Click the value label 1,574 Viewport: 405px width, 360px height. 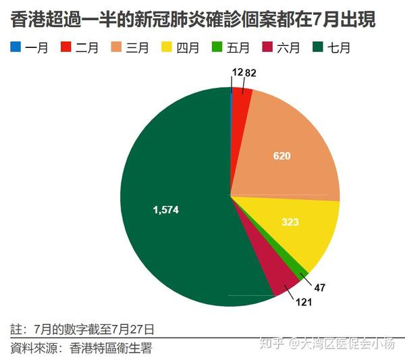(166, 210)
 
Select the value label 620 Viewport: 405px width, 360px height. (281, 156)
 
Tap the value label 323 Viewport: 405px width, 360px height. (290, 222)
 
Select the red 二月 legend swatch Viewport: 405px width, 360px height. (66, 47)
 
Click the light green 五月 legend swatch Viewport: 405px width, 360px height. (216, 47)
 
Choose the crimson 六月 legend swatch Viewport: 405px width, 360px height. (266, 47)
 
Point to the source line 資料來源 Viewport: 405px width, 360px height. (81, 349)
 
